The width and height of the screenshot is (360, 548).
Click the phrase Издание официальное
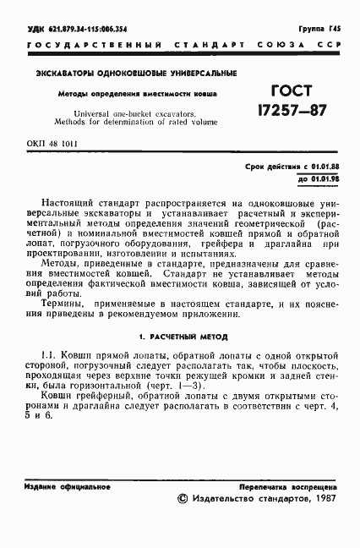[x=57, y=488]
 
